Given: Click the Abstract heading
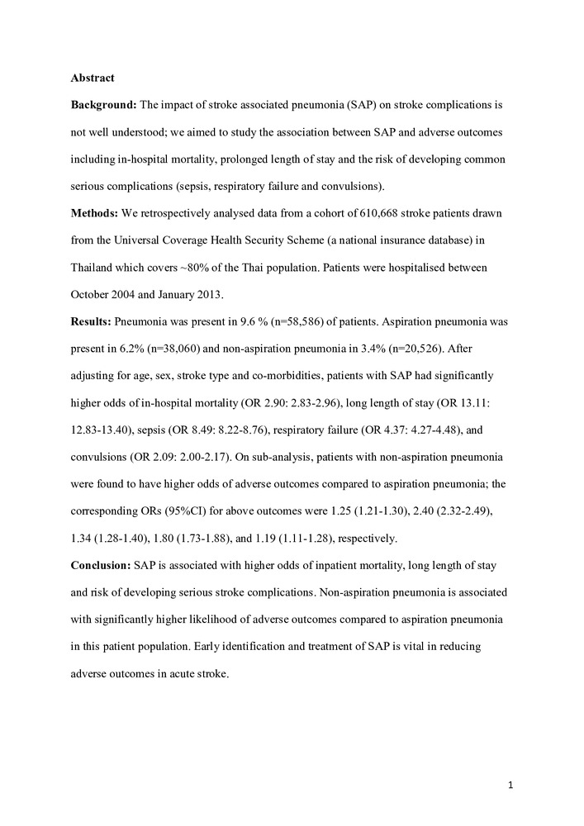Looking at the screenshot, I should point(93,78).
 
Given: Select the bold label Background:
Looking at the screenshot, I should point(103,106).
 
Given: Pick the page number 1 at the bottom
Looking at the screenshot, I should point(511,785).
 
